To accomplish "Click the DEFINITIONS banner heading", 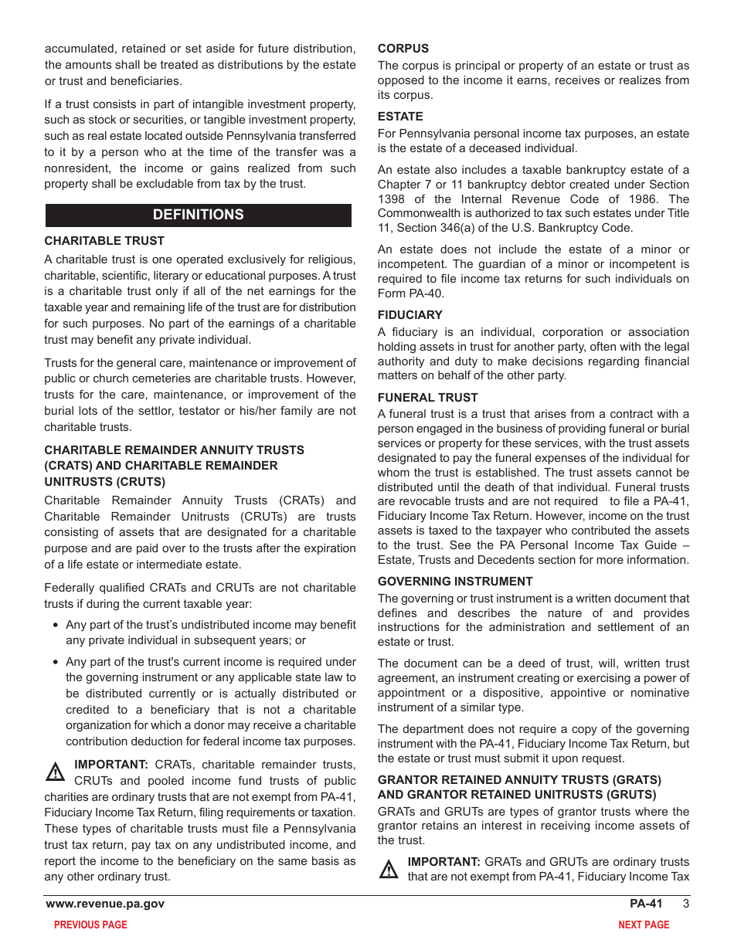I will (x=198, y=215).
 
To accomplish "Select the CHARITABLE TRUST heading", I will (x=104, y=241).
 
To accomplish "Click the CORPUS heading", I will (x=403, y=49).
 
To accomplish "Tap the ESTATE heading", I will (x=400, y=117).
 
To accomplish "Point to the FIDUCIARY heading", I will (x=409, y=315).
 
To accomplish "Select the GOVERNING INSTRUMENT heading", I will (x=454, y=582).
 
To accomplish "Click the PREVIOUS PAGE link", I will (x=90, y=925).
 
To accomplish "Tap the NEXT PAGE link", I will (x=643, y=925).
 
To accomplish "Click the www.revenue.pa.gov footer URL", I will (x=105, y=904).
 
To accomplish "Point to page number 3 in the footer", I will (x=685, y=904).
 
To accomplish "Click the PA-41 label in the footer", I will (x=646, y=904).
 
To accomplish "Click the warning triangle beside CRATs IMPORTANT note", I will (x=55, y=772).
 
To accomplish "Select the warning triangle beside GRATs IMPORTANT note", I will (x=389, y=869).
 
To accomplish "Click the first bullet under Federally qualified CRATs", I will (x=56, y=625).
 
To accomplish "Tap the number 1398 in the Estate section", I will (x=391, y=199).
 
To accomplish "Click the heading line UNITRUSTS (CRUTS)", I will (x=104, y=482).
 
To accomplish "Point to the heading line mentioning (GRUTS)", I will (x=516, y=795).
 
